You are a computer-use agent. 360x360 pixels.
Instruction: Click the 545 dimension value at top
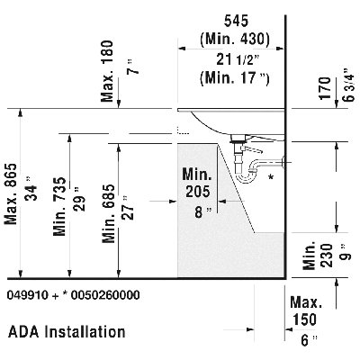coord(237,21)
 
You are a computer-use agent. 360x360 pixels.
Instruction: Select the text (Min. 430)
coord(235,39)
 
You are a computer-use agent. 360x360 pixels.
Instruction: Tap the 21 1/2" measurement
coord(238,60)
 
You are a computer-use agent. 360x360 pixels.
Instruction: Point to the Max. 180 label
coord(107,71)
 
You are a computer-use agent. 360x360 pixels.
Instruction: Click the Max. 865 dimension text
coord(12,194)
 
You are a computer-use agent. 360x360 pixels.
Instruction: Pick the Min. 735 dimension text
coord(59,206)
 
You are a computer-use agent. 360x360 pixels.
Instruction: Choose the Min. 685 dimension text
coord(108,213)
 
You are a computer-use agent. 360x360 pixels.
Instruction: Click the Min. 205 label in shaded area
coord(197,183)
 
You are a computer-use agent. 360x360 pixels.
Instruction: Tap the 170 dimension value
coord(325,88)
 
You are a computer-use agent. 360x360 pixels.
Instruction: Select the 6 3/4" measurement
coord(349,85)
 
